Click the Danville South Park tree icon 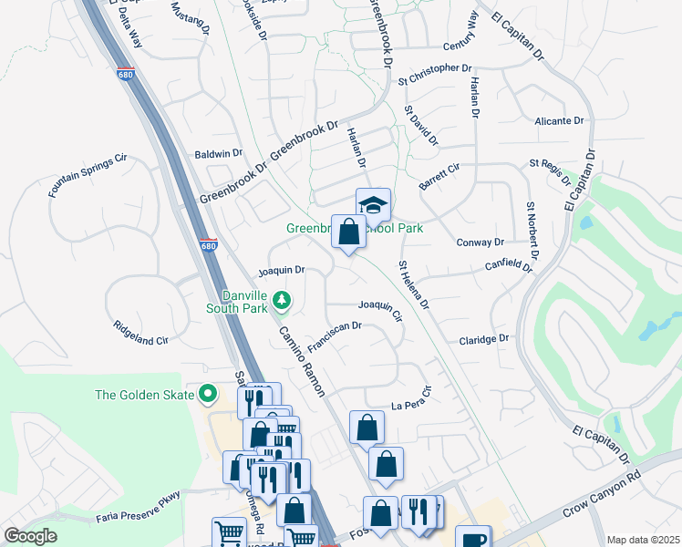click(x=283, y=300)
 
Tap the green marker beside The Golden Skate click(x=208, y=395)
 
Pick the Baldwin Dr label click(x=218, y=155)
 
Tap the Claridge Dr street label click(x=484, y=338)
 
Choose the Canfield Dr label click(x=509, y=266)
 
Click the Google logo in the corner click(x=31, y=536)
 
